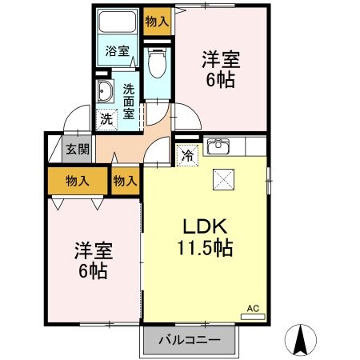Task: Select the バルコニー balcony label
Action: (x=192, y=339)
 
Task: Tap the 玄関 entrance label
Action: (x=78, y=149)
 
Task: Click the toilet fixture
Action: (x=157, y=62)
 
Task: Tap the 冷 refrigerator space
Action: (x=186, y=155)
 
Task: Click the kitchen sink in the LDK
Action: (x=217, y=146)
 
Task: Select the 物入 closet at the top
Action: (x=157, y=22)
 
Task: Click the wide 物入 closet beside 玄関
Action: (x=78, y=181)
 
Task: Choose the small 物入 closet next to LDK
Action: (x=125, y=181)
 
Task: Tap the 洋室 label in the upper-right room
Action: (x=221, y=58)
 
